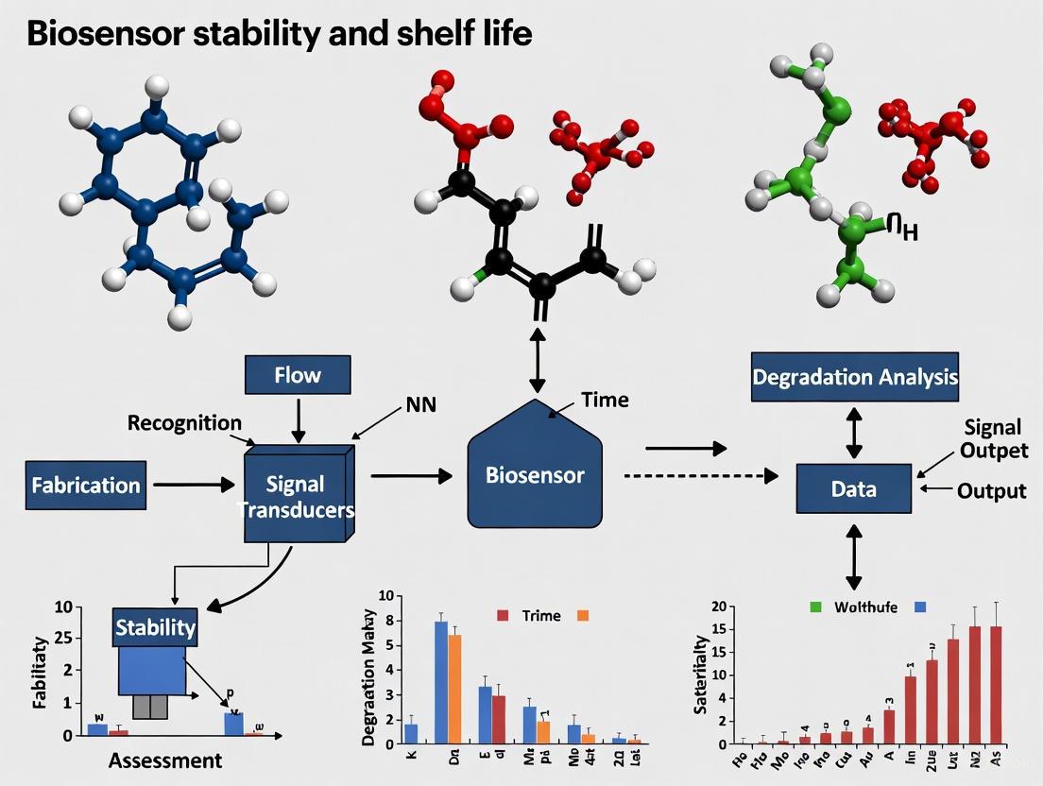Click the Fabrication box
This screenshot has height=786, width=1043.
click(x=86, y=486)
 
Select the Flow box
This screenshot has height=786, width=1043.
click(x=298, y=375)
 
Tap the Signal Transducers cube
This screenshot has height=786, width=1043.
click(x=296, y=496)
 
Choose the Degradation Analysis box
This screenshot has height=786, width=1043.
click(x=855, y=377)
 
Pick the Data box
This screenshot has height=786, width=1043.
click(x=854, y=489)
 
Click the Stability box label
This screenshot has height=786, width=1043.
click(x=155, y=627)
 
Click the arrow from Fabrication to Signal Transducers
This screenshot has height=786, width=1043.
click(x=194, y=486)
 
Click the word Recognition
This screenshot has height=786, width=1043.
click(x=184, y=422)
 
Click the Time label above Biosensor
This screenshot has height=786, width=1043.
click(x=605, y=400)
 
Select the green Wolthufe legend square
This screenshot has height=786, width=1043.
click(x=816, y=607)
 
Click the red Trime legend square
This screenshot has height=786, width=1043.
click(x=503, y=616)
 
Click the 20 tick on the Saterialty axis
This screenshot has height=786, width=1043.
click(x=717, y=607)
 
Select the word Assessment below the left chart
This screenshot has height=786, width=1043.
click(x=165, y=760)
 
